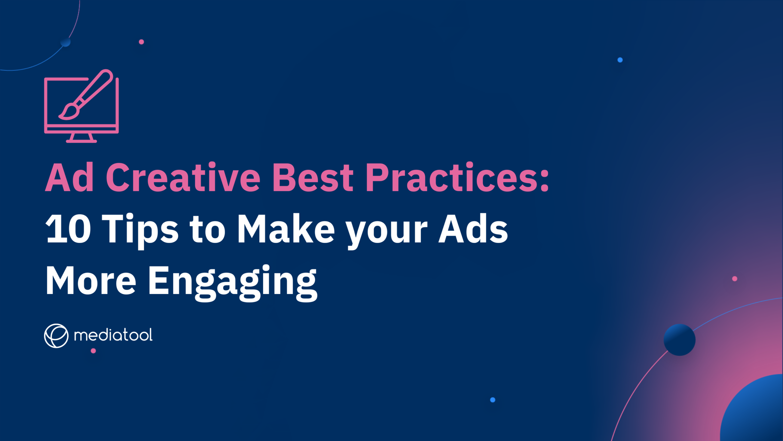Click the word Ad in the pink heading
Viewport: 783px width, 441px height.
69,177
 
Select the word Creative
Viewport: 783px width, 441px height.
183,177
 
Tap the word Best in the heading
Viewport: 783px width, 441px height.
313,177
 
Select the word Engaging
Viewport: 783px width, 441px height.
232,282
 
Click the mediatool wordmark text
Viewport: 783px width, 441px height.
113,335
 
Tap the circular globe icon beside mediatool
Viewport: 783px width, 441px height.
56,336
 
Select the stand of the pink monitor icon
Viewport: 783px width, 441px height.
82,138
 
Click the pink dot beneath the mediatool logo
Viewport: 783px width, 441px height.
93,351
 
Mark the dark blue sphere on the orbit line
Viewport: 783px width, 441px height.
679,340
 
